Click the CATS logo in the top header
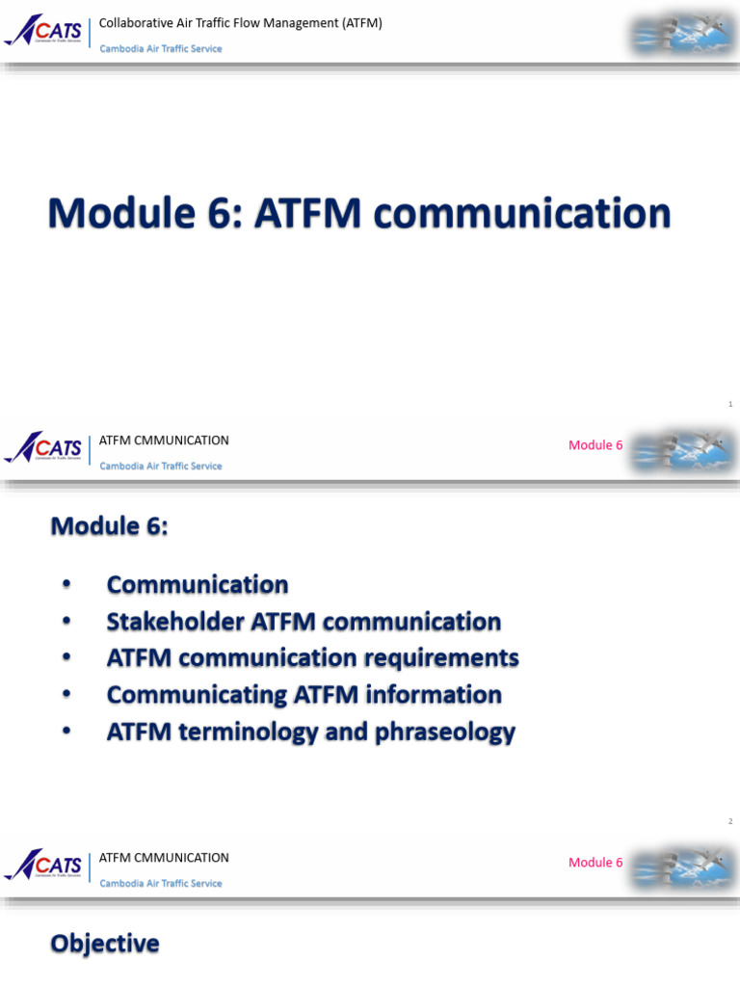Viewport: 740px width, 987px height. click(x=44, y=32)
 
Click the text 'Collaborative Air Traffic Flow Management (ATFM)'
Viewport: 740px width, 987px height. click(x=241, y=23)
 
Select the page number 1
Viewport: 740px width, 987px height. click(x=730, y=404)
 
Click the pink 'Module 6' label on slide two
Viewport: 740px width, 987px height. click(x=595, y=445)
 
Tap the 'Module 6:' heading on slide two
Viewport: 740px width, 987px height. click(x=109, y=526)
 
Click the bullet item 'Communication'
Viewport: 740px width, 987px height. click(x=198, y=585)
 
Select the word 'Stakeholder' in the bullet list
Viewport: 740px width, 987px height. click(x=175, y=622)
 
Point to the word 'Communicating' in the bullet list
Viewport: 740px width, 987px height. click(x=183, y=695)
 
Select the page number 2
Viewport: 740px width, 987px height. click(x=730, y=821)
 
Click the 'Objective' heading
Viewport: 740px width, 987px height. click(x=105, y=944)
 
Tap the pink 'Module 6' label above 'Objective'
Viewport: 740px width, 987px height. click(x=595, y=863)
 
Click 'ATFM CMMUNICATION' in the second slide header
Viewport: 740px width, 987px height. click(x=164, y=440)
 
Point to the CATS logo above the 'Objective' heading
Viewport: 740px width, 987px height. click(x=44, y=866)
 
